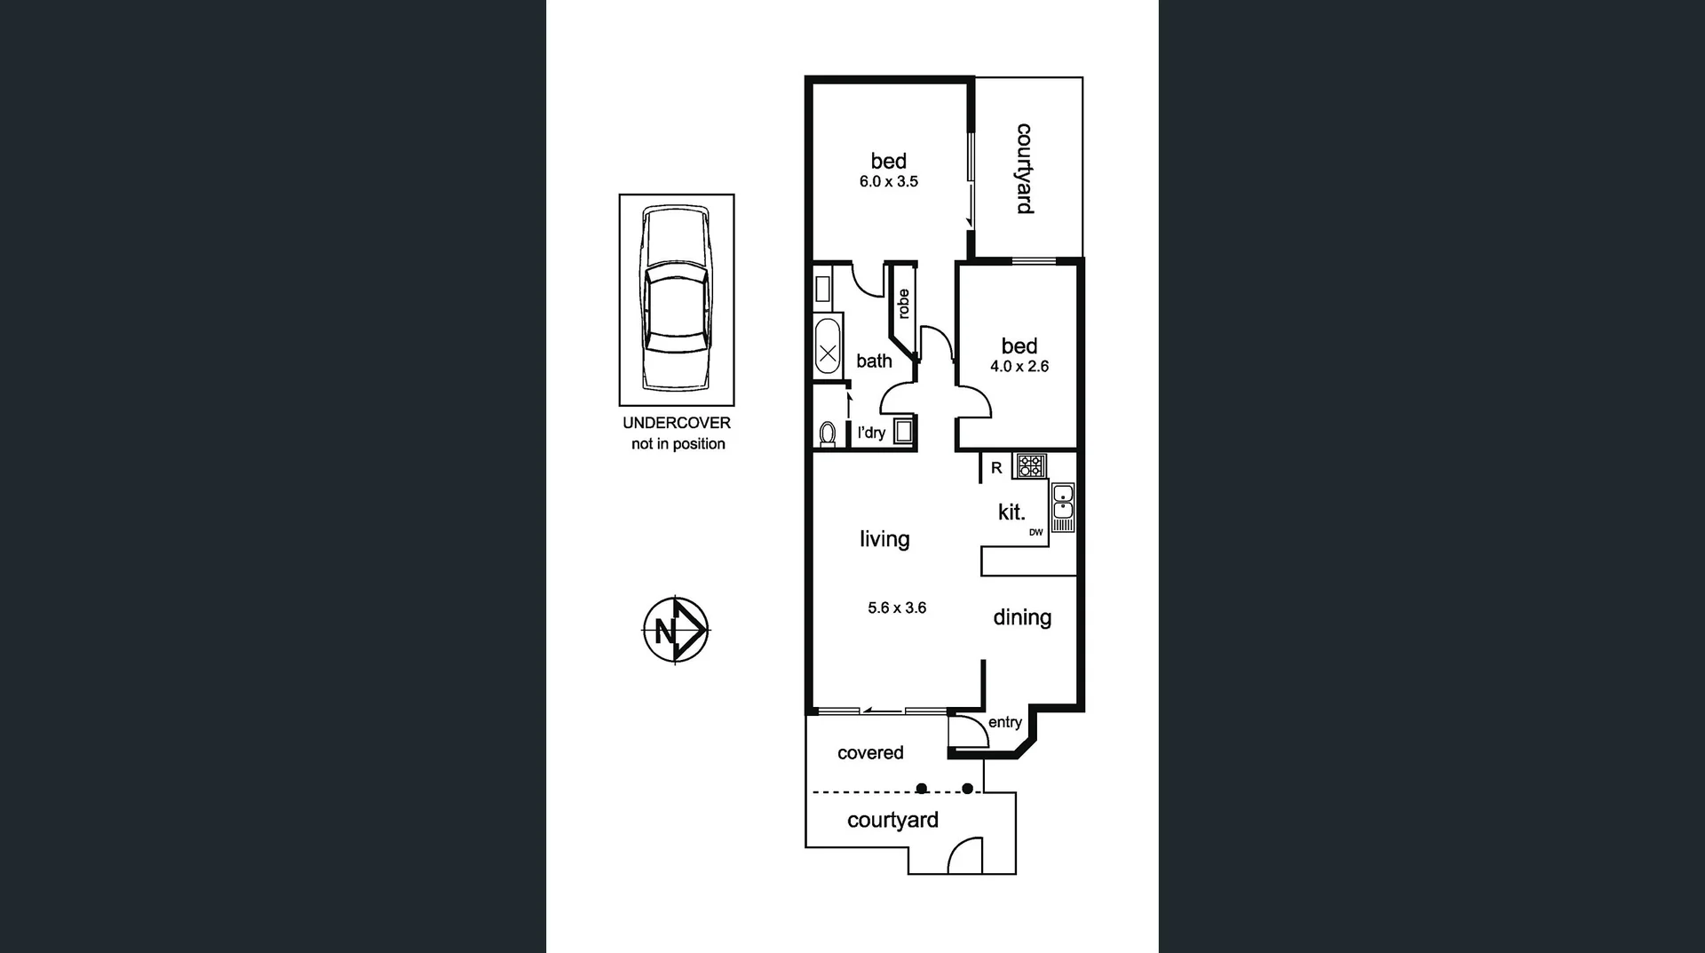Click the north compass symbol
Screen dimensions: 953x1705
(x=676, y=630)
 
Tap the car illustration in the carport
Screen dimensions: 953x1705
(x=677, y=298)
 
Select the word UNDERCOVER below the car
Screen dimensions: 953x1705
(x=677, y=423)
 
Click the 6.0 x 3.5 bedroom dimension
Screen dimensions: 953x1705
(x=888, y=181)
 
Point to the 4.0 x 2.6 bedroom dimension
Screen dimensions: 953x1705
(x=1019, y=366)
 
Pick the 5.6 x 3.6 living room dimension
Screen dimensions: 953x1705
(x=897, y=608)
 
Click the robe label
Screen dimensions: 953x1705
(x=904, y=304)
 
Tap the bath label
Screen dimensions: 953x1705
(x=874, y=361)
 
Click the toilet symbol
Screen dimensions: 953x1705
(x=828, y=433)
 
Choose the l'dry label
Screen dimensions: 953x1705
(x=871, y=433)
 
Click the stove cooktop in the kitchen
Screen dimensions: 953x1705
(x=1031, y=465)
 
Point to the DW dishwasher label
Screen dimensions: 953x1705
(x=1036, y=532)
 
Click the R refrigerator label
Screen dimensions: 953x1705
(x=996, y=467)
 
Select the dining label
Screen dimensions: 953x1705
(x=1022, y=617)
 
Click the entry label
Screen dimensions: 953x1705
(x=1005, y=722)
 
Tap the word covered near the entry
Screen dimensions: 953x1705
(x=870, y=752)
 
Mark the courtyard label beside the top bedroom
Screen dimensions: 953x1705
(x=1024, y=169)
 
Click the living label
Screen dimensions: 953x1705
(x=884, y=539)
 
